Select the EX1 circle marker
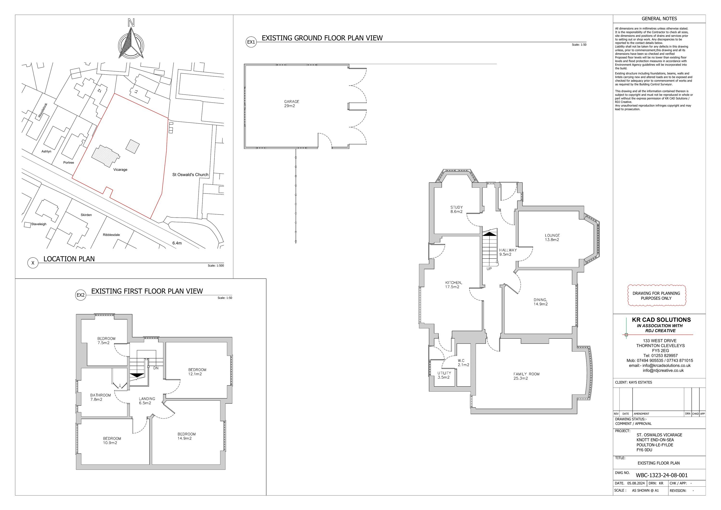(251, 42)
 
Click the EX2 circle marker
(81, 295)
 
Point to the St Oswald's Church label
(190, 174)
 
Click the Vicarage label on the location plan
(120, 169)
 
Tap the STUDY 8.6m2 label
(457, 209)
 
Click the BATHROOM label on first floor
(100, 395)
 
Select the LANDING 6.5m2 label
(147, 400)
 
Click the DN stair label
(156, 368)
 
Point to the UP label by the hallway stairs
(489, 269)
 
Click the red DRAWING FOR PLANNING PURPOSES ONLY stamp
(656, 296)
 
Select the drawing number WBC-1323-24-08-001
(662, 475)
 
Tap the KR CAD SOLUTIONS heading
(661, 320)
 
